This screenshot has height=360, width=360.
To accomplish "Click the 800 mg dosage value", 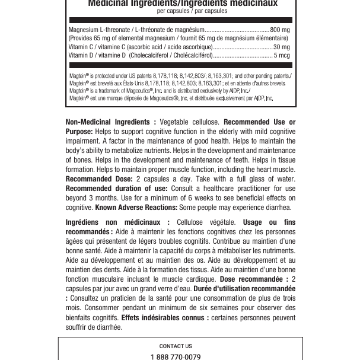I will point(279,29).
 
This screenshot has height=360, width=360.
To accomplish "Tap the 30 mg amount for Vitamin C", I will point(281,46).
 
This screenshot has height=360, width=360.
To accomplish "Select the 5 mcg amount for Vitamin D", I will point(282,55).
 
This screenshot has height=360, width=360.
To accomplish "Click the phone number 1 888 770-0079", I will point(176,357).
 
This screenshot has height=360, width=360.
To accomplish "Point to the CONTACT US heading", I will point(176,346).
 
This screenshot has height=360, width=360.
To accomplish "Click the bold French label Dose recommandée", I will point(254,279).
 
